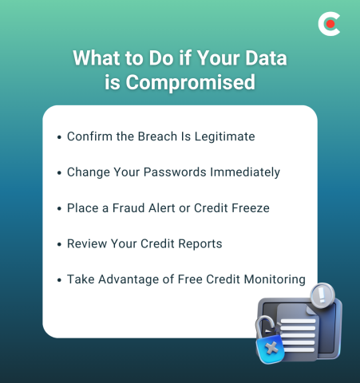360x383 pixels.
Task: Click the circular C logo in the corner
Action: (x=328, y=24)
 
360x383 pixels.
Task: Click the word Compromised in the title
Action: (x=196, y=82)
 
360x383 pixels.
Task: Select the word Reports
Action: (x=201, y=243)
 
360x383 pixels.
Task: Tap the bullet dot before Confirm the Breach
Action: (x=58, y=137)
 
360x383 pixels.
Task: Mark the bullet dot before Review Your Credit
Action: (x=58, y=244)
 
